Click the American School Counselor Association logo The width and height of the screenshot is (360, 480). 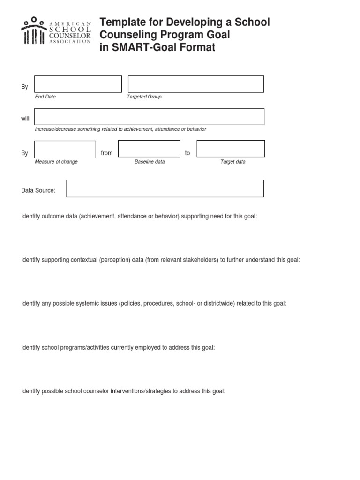tap(56, 31)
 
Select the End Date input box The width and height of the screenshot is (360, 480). tap(78, 84)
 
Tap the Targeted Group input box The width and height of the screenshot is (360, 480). tap(196, 84)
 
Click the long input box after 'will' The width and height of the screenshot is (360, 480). tap(149, 117)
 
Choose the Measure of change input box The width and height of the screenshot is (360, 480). tap(65, 149)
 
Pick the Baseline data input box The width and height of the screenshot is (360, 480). tap(149, 149)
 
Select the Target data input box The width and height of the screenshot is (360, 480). tap(231, 149)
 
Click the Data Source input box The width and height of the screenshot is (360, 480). tap(165, 188)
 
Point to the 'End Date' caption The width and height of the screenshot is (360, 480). tap(45, 97)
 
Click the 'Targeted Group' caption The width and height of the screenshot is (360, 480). tap(144, 97)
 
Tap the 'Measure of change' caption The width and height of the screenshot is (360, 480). tap(56, 162)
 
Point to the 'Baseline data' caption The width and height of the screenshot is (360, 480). tap(150, 162)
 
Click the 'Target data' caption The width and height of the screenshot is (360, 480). tap(233, 162)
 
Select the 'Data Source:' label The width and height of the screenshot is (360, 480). tap(38, 190)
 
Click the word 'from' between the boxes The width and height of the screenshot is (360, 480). tap(107, 153)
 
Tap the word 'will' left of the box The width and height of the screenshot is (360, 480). tap(25, 119)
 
